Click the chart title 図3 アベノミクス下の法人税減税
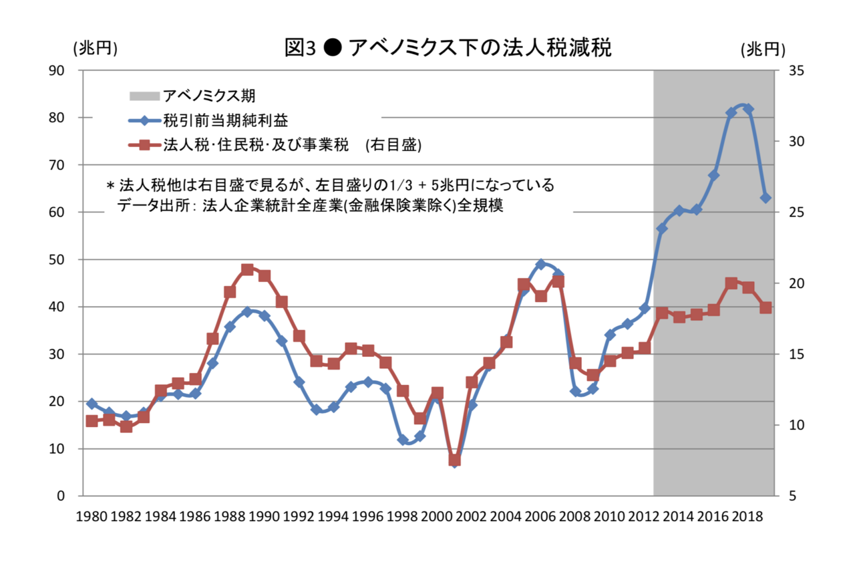coord(447,48)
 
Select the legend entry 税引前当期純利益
coord(225,121)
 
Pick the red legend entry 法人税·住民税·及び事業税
coord(256,146)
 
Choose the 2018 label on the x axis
coord(747,517)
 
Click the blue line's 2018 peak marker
coord(748,109)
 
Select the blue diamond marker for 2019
coord(765,198)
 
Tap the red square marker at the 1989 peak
coord(247,270)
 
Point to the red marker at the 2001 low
coord(455,460)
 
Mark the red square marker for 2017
coord(731,283)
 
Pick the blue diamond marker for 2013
coord(662,229)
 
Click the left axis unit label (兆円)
coord(94,48)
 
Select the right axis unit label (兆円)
coord(763,49)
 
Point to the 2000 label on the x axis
coord(438,517)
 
